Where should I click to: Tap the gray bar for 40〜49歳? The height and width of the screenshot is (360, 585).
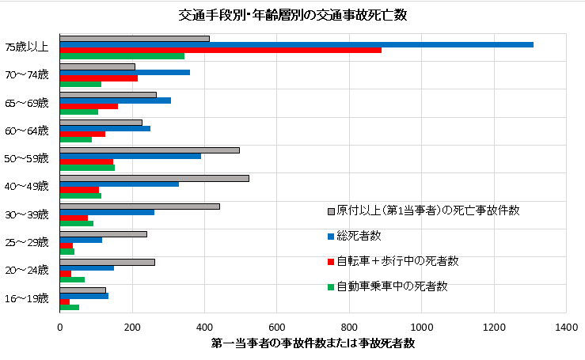[x=154, y=178]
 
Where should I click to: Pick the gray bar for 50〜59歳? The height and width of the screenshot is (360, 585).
[x=150, y=150]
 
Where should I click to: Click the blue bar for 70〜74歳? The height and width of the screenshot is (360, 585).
[x=124, y=72]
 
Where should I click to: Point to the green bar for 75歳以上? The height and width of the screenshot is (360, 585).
[x=122, y=56]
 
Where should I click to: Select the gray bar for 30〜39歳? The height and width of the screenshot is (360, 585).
[x=139, y=206]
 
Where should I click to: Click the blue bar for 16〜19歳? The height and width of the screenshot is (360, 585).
[x=84, y=295]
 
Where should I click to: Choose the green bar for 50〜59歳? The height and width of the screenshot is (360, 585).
[x=87, y=168]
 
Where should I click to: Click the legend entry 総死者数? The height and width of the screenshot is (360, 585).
[x=360, y=236]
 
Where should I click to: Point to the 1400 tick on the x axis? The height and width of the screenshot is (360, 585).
[x=566, y=326]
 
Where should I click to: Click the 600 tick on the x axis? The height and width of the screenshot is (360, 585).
[x=276, y=326]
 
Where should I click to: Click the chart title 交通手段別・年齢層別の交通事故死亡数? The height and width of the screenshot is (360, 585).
[x=292, y=15]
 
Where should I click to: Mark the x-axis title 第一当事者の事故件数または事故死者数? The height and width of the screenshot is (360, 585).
[x=313, y=343]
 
